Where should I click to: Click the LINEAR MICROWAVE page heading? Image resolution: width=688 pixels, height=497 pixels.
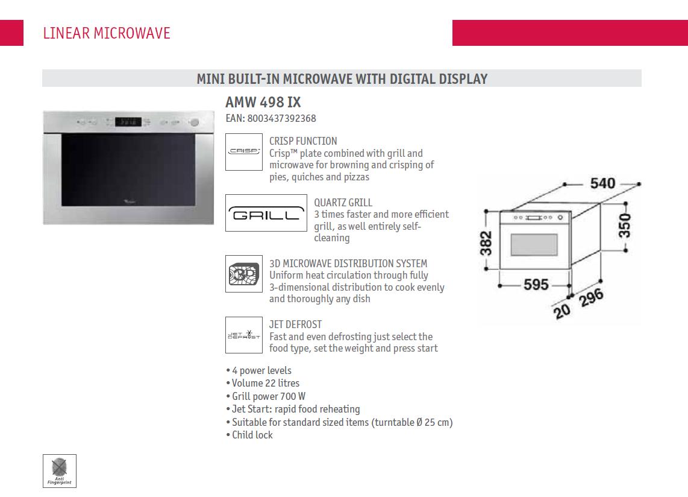click(107, 33)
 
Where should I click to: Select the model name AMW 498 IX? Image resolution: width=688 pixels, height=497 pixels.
click(263, 102)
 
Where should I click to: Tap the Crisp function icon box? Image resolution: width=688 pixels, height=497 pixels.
click(244, 151)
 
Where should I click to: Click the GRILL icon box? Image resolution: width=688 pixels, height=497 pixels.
click(266, 213)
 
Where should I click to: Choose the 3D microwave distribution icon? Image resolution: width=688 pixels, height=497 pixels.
click(244, 274)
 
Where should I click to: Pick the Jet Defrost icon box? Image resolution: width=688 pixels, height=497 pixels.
click(244, 335)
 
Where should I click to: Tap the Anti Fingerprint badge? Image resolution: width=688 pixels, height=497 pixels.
click(60, 470)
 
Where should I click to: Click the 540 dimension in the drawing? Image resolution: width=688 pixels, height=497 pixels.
click(602, 183)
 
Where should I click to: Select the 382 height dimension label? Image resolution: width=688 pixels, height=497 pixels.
click(486, 244)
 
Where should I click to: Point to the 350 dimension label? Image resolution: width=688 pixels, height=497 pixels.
click(624, 226)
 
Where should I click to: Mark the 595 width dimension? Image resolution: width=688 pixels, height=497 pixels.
click(536, 285)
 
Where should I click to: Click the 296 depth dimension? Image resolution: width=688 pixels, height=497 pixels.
click(591, 299)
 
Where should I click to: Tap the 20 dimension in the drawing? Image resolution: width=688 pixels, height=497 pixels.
click(562, 311)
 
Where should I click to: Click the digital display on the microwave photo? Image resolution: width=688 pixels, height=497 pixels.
click(128, 122)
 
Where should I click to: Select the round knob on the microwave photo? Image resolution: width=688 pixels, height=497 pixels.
click(195, 122)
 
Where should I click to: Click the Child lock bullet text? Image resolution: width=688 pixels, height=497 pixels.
click(252, 435)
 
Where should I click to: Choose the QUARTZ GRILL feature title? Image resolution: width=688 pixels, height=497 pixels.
click(343, 203)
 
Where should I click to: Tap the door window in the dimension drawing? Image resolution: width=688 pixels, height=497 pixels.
click(534, 245)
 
